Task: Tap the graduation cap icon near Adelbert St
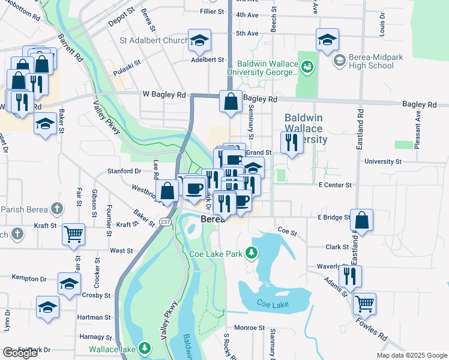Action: tap(199, 40)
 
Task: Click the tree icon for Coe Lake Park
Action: tap(253, 254)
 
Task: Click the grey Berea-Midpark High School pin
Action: tap(339, 61)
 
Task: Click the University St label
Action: tap(382, 162)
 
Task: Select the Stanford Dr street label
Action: tap(124, 171)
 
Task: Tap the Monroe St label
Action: tap(249, 328)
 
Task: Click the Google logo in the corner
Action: tap(20, 353)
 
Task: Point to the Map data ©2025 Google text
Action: tap(411, 355)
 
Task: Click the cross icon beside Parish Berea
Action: tap(57, 209)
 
